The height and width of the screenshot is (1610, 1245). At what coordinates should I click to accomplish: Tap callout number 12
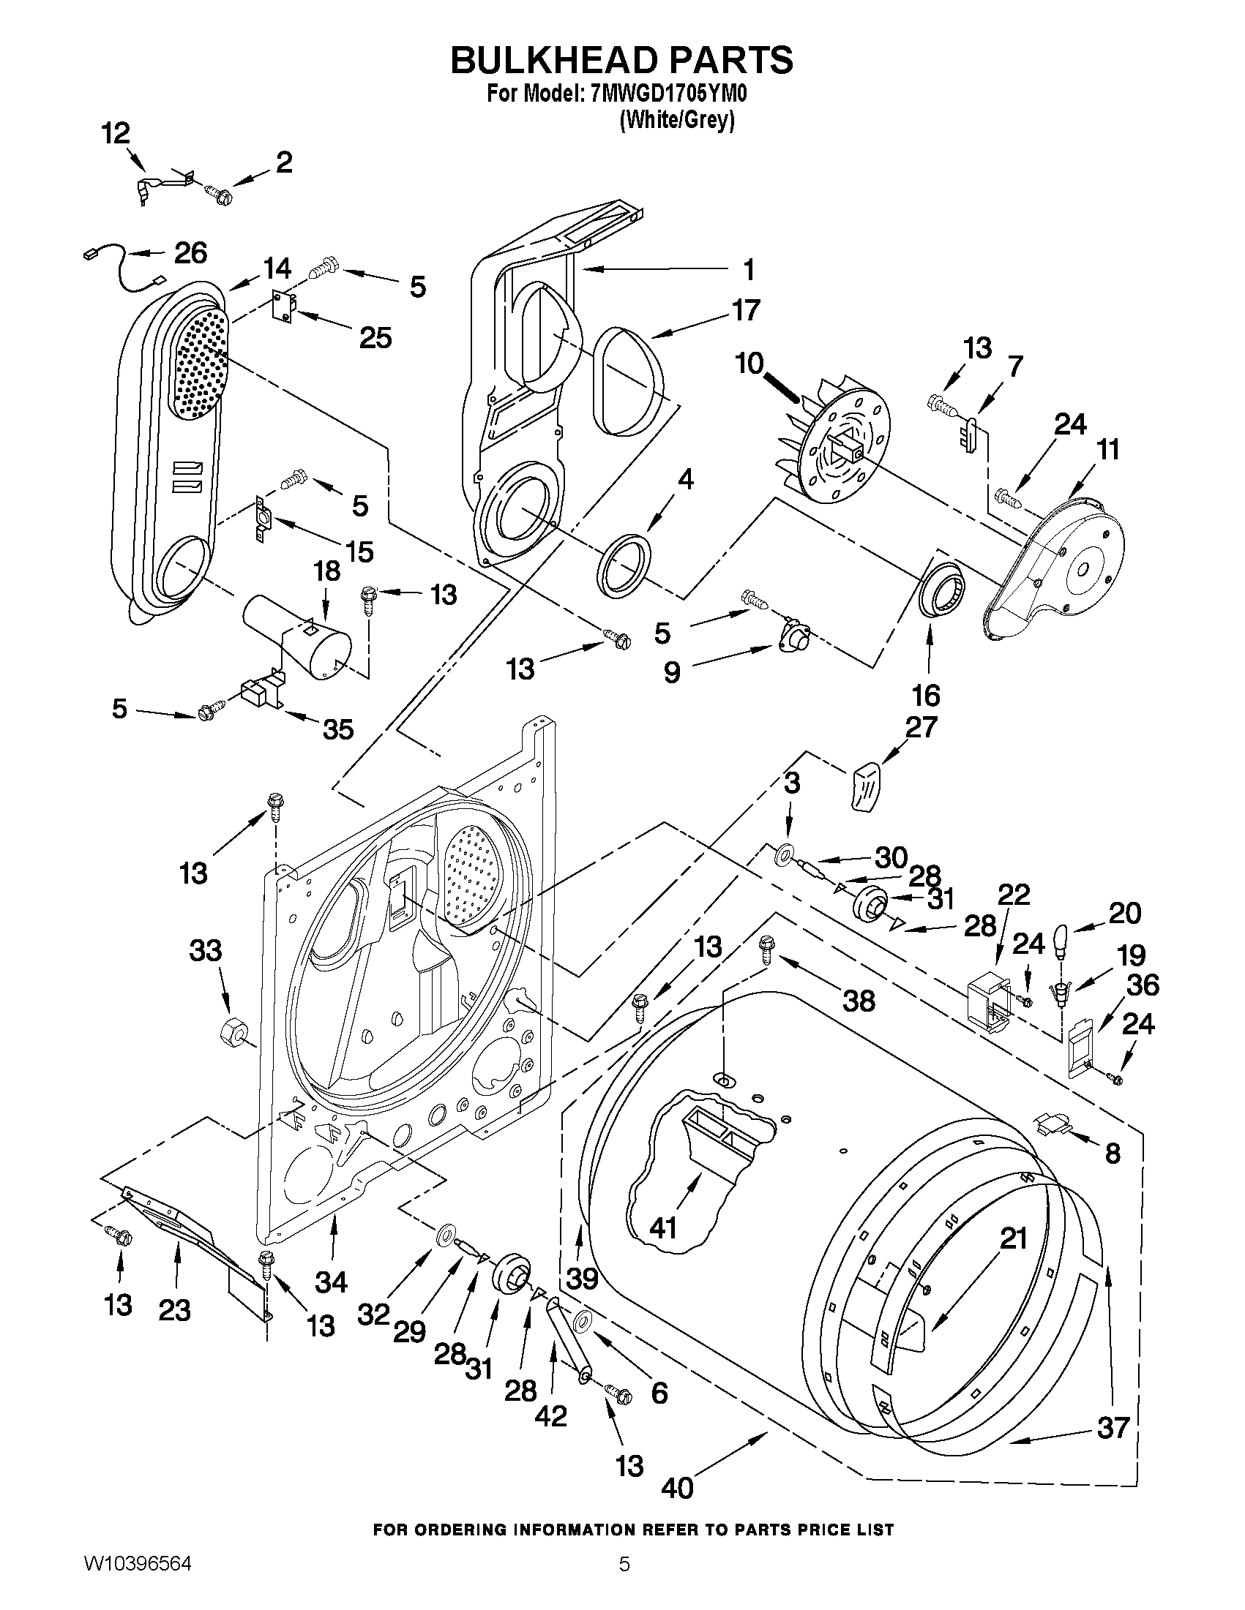(116, 133)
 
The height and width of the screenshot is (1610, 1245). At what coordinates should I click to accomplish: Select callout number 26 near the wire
(190, 253)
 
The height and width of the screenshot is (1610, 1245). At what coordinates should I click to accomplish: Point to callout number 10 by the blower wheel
(749, 363)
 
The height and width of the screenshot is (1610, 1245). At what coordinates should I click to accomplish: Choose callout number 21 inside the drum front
(1013, 1239)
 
